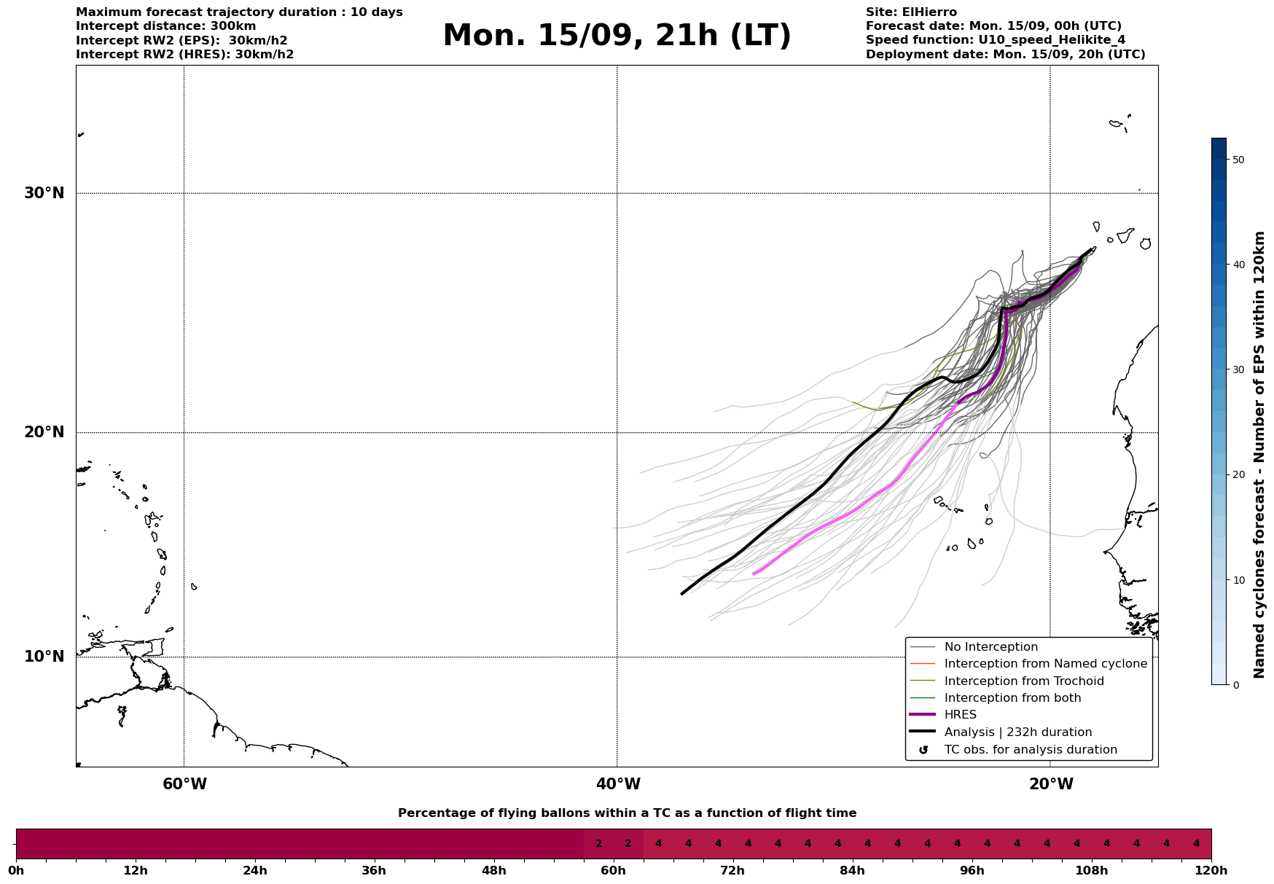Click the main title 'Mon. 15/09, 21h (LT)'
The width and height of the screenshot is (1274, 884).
pyautogui.click(x=617, y=36)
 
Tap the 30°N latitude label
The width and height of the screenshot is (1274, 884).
pyautogui.click(x=44, y=193)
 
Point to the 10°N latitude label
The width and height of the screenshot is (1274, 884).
pyautogui.click(x=44, y=657)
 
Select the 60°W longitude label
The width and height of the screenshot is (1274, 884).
pyautogui.click(x=184, y=784)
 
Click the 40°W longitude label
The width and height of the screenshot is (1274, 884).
pyautogui.click(x=618, y=784)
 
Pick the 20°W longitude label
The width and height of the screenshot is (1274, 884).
pyautogui.click(x=1051, y=784)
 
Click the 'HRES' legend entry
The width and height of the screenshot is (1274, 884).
pyautogui.click(x=960, y=715)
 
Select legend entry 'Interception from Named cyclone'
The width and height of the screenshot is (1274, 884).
pyautogui.click(x=1045, y=664)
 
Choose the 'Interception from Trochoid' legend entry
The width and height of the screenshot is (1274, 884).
pyautogui.click(x=1023, y=681)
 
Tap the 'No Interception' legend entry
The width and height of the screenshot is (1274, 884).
pyautogui.click(x=990, y=647)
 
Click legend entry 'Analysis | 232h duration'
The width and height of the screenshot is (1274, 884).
pyautogui.click(x=1017, y=732)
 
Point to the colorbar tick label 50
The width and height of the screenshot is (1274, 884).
pyautogui.click(x=1238, y=160)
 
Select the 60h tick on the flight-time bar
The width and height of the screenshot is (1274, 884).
pyautogui.click(x=613, y=870)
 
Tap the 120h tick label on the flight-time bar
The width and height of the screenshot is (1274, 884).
pyautogui.click(x=1211, y=870)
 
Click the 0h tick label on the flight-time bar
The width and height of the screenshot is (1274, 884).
pyautogui.click(x=16, y=870)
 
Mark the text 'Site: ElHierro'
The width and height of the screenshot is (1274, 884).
pyautogui.click(x=911, y=12)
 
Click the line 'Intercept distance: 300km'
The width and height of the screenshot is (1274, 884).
pyautogui.click(x=165, y=26)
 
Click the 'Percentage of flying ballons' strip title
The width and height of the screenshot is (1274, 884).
pyautogui.click(x=627, y=813)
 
